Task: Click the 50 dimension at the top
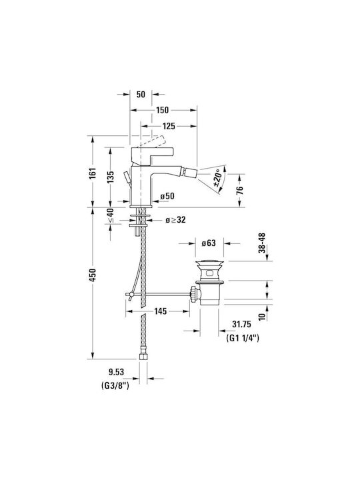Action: (141, 94)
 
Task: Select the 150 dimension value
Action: (162, 110)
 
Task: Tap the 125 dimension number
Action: (169, 126)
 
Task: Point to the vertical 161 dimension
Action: (93, 173)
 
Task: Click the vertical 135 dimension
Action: (110, 177)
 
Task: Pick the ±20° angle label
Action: (218, 178)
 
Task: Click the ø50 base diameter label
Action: (167, 195)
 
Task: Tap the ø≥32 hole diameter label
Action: (175, 219)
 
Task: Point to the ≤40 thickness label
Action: (110, 215)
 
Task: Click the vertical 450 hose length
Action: (93, 275)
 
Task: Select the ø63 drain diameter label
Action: (209, 243)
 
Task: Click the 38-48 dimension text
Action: (262, 243)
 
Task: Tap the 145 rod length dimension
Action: (161, 311)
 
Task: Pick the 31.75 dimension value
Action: (241, 324)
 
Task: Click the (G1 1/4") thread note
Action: (243, 338)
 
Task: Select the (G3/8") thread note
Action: (115, 386)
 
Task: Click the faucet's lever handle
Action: (152, 155)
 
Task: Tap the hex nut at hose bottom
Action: (143, 356)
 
